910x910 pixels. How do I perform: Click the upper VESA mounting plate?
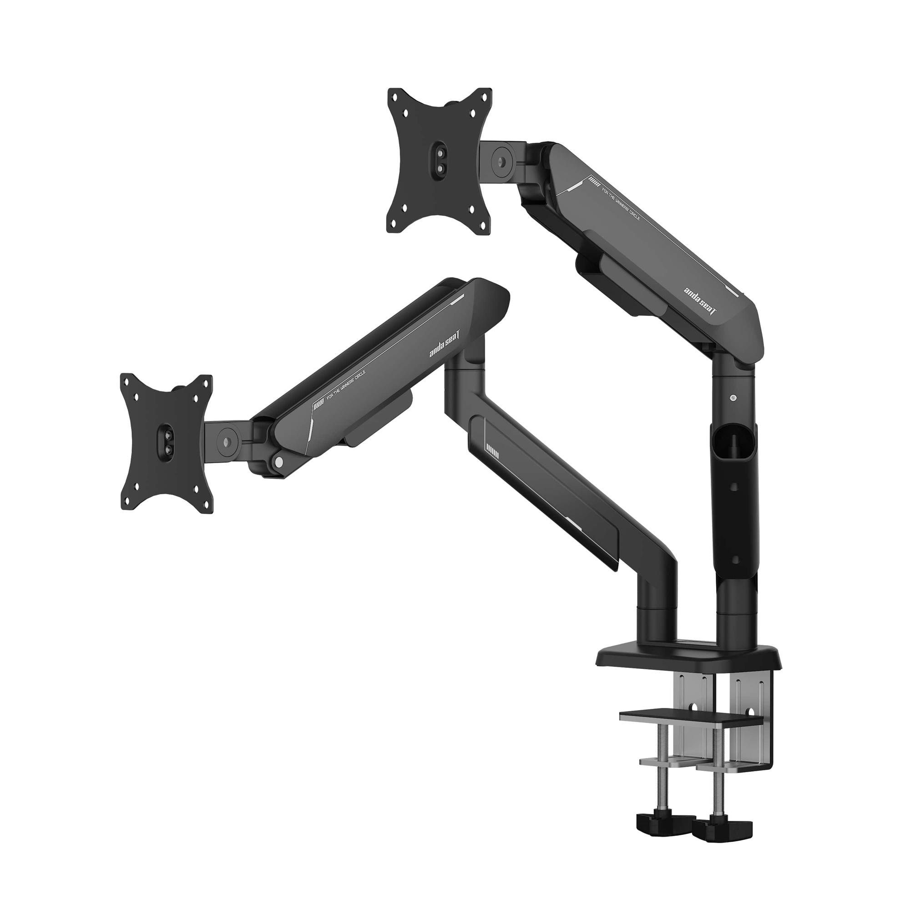tap(439, 160)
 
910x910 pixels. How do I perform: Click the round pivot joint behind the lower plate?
tap(226, 441)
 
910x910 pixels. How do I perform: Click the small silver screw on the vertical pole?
tap(732, 399)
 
